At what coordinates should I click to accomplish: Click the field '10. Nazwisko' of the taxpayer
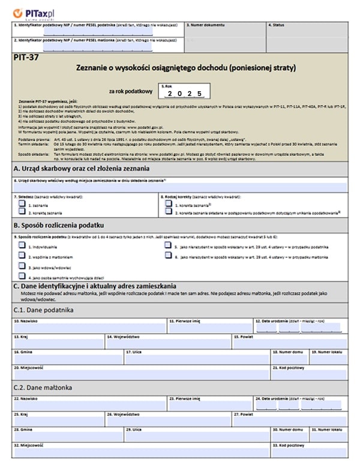[89, 329]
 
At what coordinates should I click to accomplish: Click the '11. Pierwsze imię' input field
[209, 329]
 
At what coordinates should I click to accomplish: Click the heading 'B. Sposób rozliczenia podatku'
[59, 225]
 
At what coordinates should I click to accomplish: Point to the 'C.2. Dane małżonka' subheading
[43, 388]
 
